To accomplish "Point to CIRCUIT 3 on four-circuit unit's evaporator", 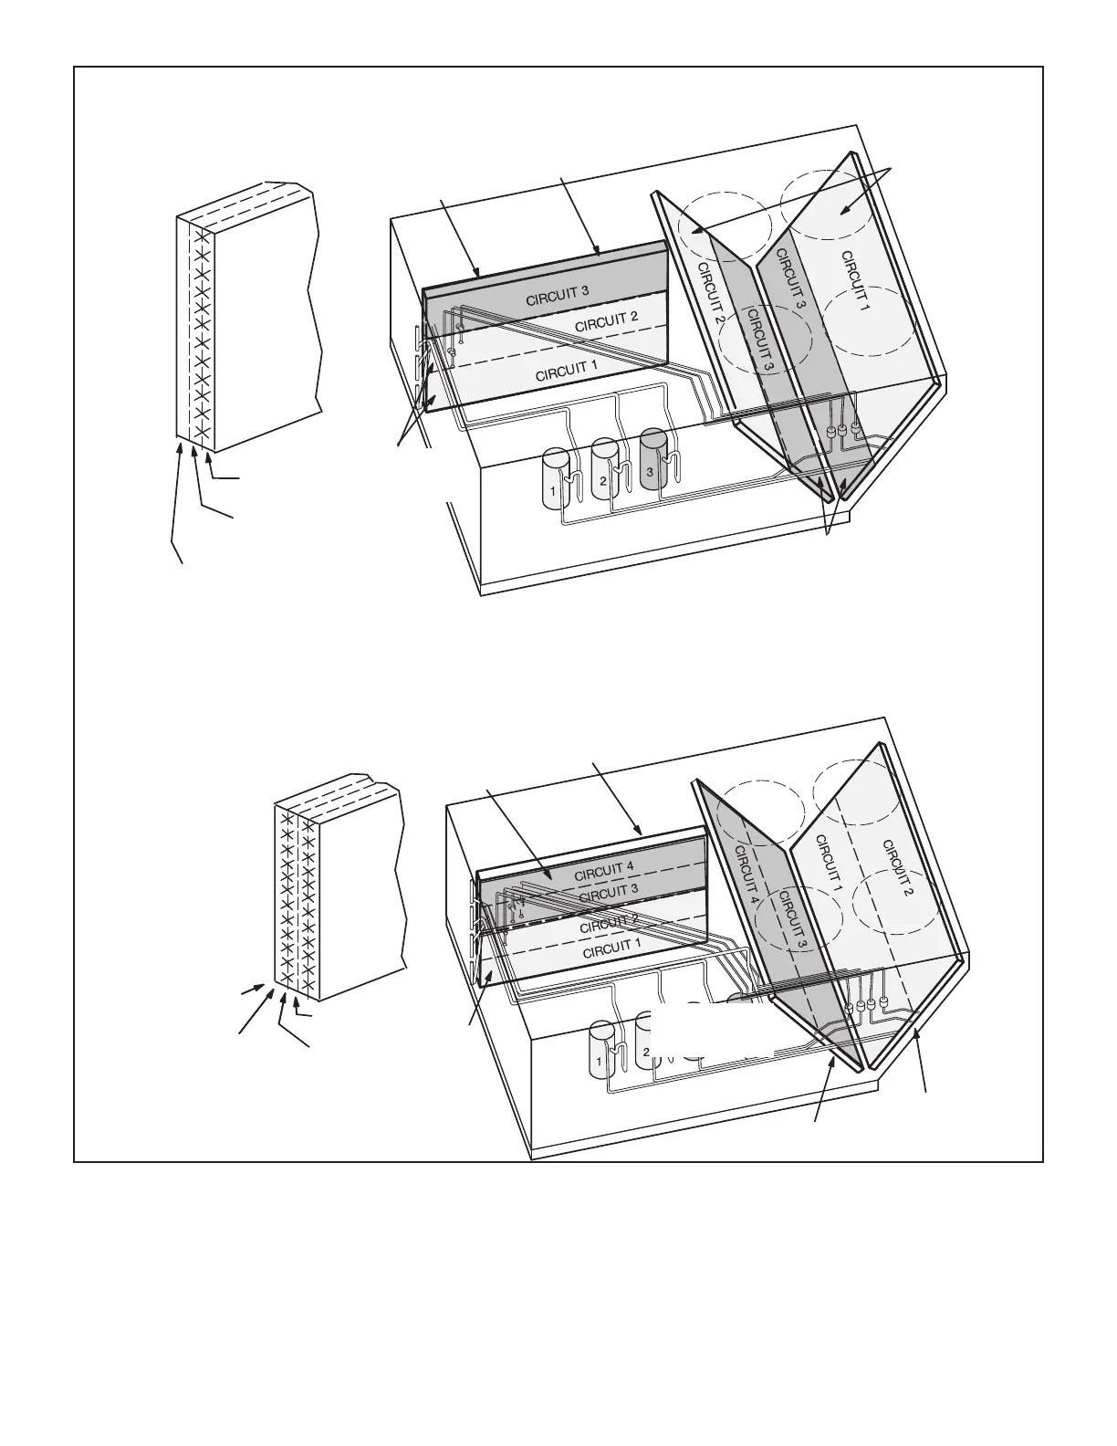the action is coord(609,891).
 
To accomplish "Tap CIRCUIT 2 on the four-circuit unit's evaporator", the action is coord(609,923).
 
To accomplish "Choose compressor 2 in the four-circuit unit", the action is coord(648,1045).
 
